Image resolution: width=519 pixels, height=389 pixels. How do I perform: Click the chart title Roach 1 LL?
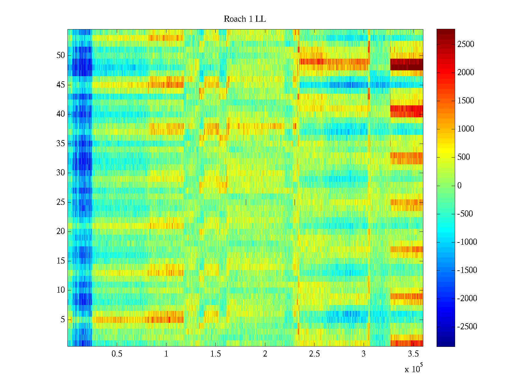(x=245, y=19)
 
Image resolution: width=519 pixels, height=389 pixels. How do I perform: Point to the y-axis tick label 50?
(x=61, y=55)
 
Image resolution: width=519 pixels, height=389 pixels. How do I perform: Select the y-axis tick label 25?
(x=61, y=202)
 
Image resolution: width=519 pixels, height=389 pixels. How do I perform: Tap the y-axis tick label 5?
(x=63, y=320)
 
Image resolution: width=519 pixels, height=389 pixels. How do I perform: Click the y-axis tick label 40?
(x=61, y=114)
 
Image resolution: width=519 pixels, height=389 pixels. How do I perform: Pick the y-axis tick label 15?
(x=61, y=261)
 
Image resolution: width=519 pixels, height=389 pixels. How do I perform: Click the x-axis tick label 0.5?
(x=117, y=354)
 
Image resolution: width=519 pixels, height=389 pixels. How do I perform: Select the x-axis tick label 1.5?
(x=215, y=354)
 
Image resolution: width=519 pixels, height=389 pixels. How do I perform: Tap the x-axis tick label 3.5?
(x=413, y=354)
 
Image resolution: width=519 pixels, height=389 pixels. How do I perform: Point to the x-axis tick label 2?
(x=265, y=354)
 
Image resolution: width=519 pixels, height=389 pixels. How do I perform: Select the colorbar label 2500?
(x=466, y=44)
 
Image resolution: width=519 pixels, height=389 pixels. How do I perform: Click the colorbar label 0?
(x=459, y=186)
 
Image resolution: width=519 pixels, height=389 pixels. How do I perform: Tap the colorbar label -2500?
(x=467, y=327)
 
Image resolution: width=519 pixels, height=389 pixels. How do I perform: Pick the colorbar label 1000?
(x=466, y=129)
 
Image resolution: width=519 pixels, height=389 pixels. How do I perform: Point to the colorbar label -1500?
(x=467, y=270)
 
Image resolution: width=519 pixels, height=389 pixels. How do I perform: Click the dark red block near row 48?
(x=406, y=65)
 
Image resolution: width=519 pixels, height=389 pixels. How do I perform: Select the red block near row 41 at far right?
(x=406, y=111)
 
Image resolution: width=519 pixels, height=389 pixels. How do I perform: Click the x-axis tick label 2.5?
(x=314, y=354)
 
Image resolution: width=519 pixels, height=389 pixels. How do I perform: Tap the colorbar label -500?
(x=465, y=214)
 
